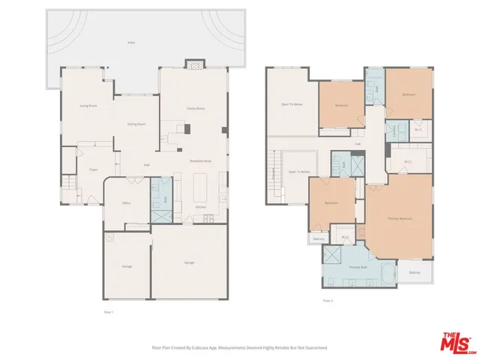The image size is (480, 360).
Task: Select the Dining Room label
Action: click(136, 124)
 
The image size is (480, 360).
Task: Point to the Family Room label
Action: click(196, 109)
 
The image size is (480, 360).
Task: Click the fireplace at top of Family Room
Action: click(195, 65)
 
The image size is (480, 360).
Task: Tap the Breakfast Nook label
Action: click(199, 160)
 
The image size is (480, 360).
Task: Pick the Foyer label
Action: click(94, 170)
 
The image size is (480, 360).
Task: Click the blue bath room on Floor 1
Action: click(161, 201)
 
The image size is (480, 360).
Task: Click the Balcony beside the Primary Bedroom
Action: click(415, 272)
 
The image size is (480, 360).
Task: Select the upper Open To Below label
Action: click(292, 104)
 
